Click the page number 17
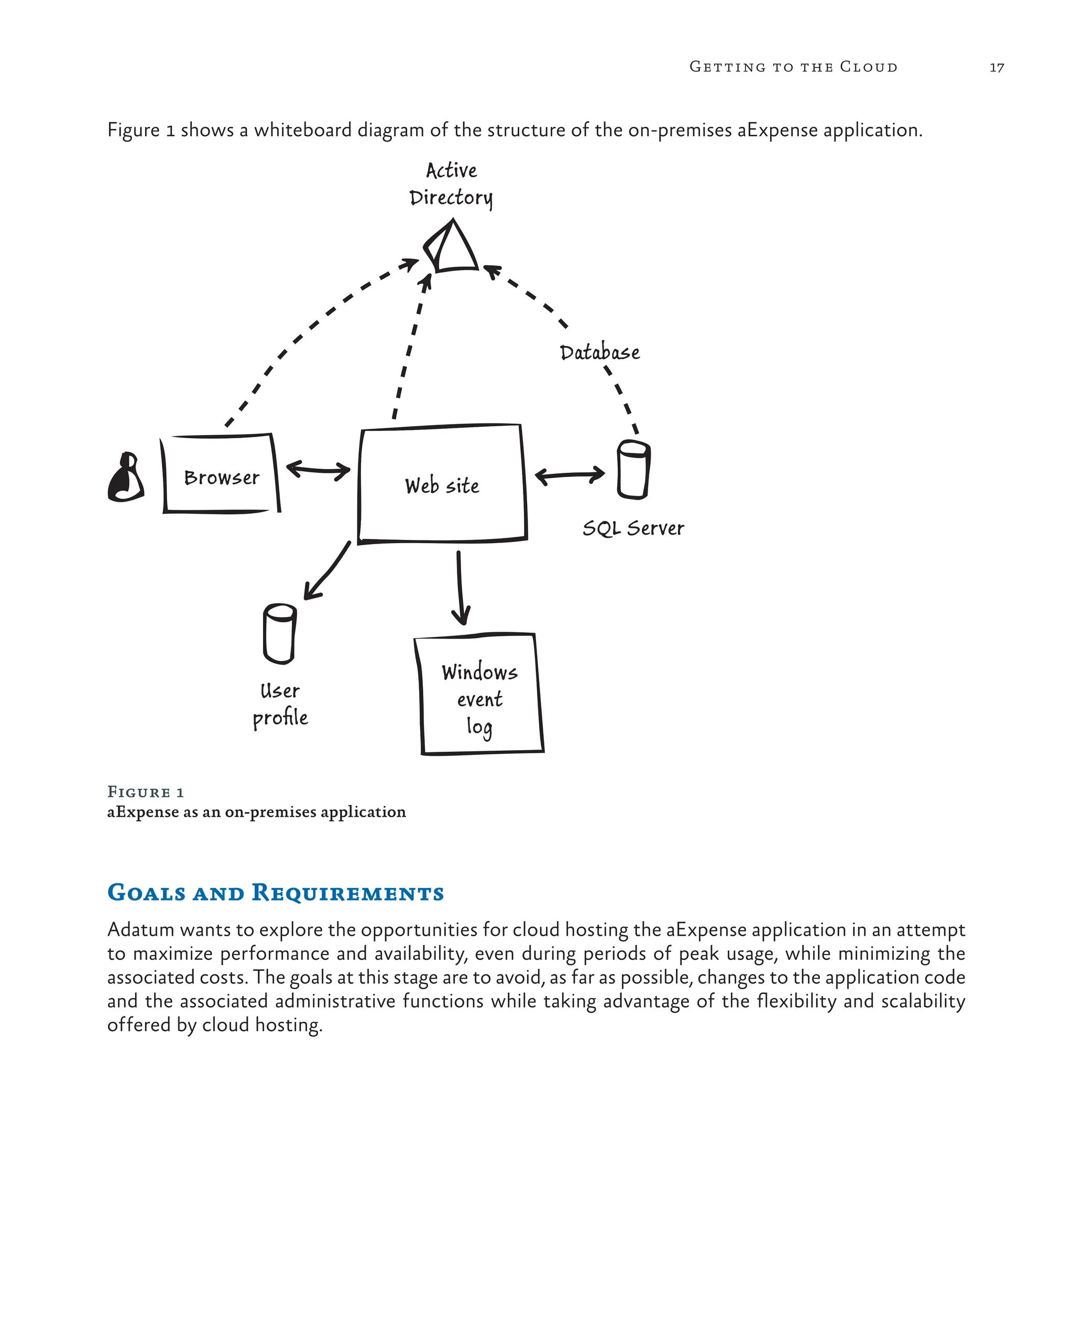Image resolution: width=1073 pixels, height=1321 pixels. tap(997, 68)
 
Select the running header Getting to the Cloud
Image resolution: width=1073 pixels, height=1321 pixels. tap(793, 67)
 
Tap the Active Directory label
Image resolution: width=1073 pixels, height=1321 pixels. tap(451, 183)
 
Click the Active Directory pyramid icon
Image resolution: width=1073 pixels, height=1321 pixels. tap(452, 248)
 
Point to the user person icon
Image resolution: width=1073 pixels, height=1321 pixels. tap(126, 478)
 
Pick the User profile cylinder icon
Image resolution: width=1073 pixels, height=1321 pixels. tap(279, 633)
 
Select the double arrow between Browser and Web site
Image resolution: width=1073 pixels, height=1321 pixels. tap(317, 470)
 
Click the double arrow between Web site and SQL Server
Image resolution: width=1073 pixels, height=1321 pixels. tap(570, 475)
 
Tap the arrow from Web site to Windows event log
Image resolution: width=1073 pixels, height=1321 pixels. tap(460, 588)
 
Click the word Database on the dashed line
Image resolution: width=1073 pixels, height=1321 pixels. tap(599, 352)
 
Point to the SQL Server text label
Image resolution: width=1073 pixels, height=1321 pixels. tap(633, 528)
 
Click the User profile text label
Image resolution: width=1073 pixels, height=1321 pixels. tap(280, 705)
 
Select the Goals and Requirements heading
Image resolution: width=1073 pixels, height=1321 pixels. tap(275, 892)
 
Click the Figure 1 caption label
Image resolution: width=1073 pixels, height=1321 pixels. tap(146, 792)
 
